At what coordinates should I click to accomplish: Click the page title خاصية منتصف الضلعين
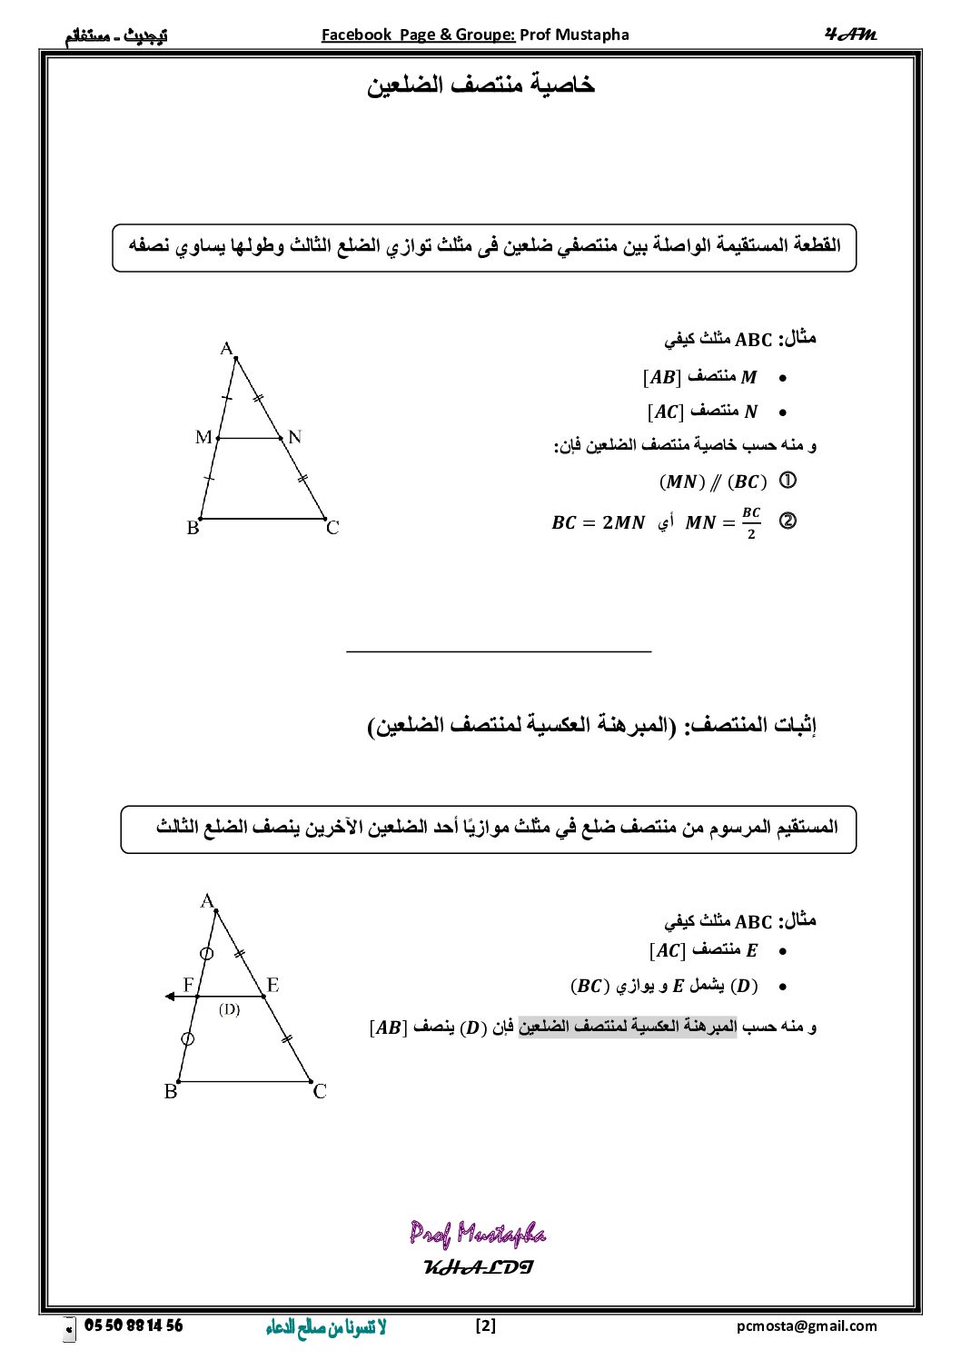click(480, 85)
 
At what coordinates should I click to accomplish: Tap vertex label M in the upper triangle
click(203, 438)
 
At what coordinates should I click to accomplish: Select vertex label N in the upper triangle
click(294, 437)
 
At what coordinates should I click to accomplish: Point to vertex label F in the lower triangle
click(189, 985)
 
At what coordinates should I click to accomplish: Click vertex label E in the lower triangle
click(272, 985)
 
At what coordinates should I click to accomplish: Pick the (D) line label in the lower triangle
click(229, 1009)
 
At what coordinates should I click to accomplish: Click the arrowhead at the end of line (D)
click(170, 997)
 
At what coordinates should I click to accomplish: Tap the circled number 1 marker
click(788, 481)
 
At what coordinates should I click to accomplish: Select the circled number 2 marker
click(788, 521)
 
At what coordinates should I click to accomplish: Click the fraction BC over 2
click(751, 523)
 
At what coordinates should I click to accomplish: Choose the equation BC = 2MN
click(598, 523)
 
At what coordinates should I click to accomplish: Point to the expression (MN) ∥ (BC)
click(713, 481)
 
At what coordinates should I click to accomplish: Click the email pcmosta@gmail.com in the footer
click(807, 1326)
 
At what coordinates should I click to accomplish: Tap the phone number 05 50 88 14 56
click(134, 1326)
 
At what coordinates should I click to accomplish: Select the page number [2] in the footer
click(486, 1326)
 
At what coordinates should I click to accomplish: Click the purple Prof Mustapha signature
click(478, 1234)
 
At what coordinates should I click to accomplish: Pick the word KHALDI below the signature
click(478, 1267)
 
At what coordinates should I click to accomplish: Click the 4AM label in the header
click(850, 35)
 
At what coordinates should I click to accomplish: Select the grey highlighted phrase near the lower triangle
click(627, 1027)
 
